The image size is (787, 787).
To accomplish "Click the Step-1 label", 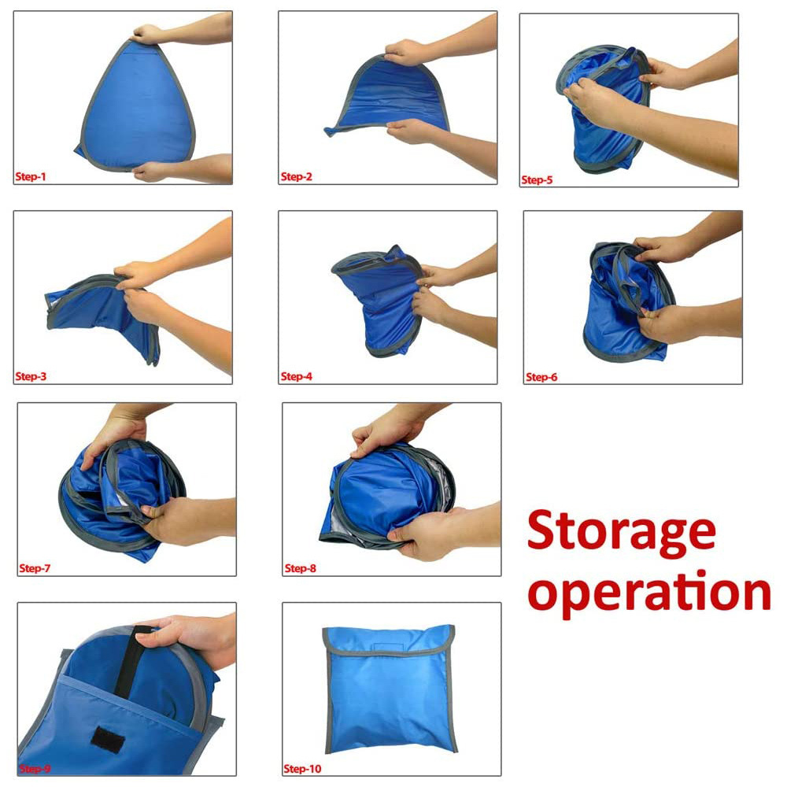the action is pyautogui.click(x=31, y=176).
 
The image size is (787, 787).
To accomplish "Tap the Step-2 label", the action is pyautogui.click(x=296, y=176).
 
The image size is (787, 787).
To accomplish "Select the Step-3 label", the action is pyautogui.click(x=31, y=376).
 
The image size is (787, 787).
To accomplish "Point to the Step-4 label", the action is pyautogui.click(x=296, y=376).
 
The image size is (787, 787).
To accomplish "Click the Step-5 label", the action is pyautogui.click(x=537, y=179).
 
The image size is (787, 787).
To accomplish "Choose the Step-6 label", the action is pyautogui.click(x=541, y=377).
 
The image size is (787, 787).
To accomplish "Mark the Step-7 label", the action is pyautogui.click(x=35, y=569).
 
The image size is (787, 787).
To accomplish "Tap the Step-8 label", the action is pyautogui.click(x=300, y=569).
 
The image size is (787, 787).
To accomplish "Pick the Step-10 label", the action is pyautogui.click(x=302, y=769).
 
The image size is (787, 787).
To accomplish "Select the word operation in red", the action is pyautogui.click(x=649, y=593).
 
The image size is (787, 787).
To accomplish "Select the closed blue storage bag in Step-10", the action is pyautogui.click(x=390, y=689).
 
